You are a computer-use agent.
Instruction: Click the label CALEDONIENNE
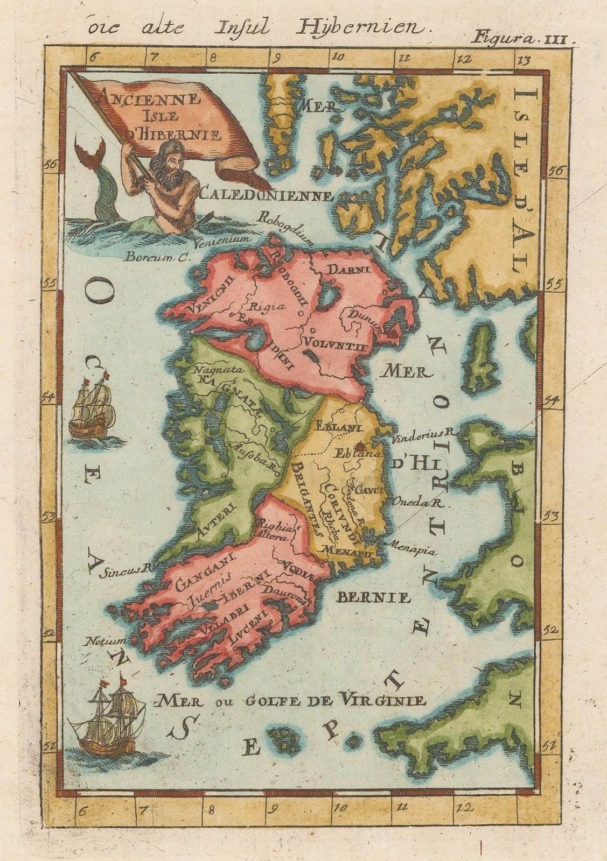(x=266, y=194)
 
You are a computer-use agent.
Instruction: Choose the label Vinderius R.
(x=418, y=431)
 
